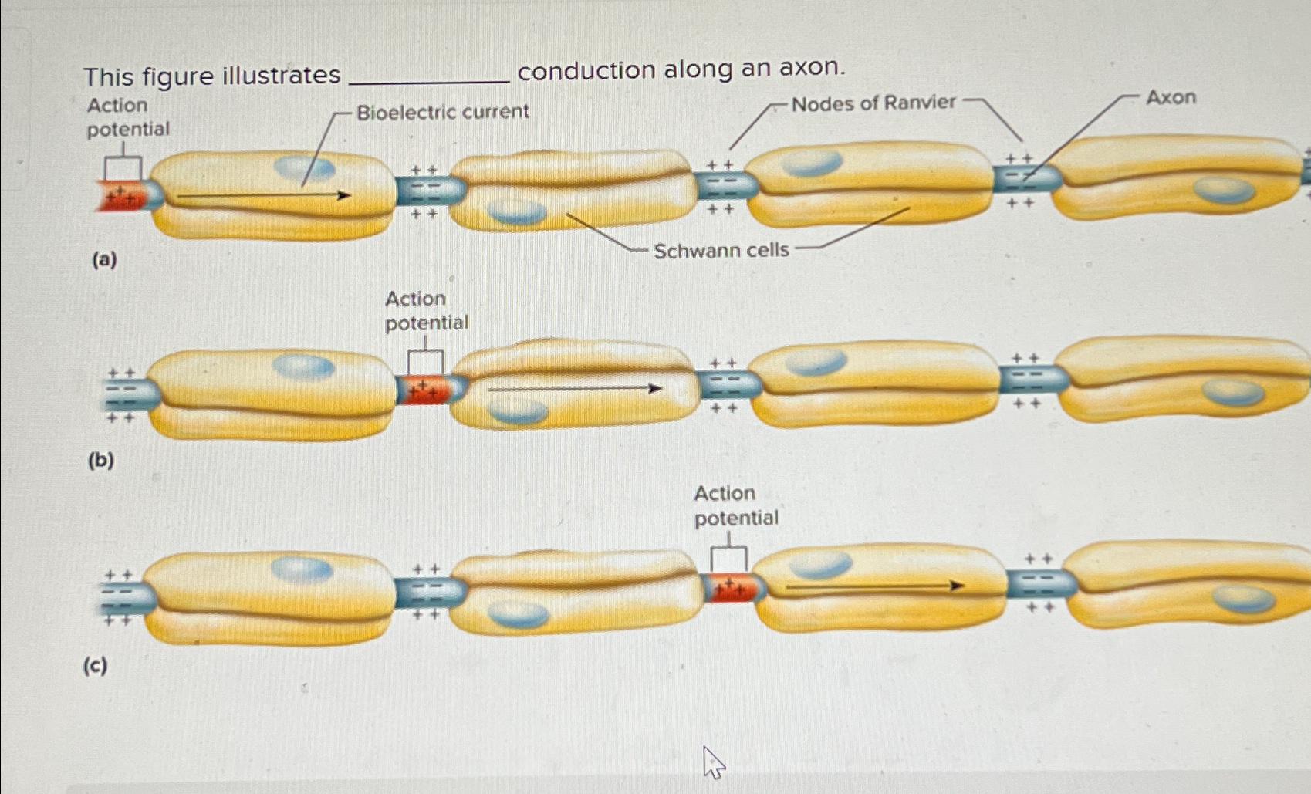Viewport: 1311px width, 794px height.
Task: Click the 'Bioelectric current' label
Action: pyautogui.click(x=442, y=112)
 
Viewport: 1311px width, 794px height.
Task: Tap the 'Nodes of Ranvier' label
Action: pyautogui.click(x=873, y=103)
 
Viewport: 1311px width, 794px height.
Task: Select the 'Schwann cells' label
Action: pyautogui.click(x=721, y=250)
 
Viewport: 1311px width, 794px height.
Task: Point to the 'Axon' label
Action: pyautogui.click(x=1170, y=97)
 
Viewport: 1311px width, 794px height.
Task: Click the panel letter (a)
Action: pyautogui.click(x=104, y=259)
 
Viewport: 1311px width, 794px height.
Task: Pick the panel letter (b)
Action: pyautogui.click(x=101, y=461)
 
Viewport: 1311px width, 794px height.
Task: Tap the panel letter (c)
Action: pyautogui.click(x=96, y=665)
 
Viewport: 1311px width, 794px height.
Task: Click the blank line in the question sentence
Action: pyautogui.click(x=429, y=76)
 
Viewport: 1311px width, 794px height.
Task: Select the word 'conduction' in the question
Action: pyautogui.click(x=586, y=71)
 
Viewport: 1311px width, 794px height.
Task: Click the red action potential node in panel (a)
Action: pyautogui.click(x=120, y=196)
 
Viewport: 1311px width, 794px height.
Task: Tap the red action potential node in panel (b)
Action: pyautogui.click(x=422, y=390)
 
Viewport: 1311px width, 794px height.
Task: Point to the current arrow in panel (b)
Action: pyautogui.click(x=575, y=389)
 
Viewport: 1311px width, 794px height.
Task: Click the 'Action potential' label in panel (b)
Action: pyautogui.click(x=426, y=310)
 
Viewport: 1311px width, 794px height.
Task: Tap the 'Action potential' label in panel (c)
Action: pyautogui.click(x=735, y=505)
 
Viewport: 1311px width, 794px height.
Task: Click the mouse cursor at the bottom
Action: pyautogui.click(x=713, y=762)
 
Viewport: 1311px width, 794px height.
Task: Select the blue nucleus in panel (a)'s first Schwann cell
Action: pyautogui.click(x=305, y=167)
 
